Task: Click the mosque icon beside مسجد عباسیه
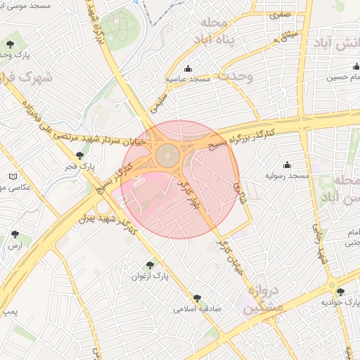188,69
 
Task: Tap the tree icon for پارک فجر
79,155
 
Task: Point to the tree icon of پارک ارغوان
150,265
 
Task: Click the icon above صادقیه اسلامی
197,298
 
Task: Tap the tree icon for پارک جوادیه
340,292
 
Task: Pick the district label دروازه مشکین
265,300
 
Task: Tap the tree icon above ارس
15,234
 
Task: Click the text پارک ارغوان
150,276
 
